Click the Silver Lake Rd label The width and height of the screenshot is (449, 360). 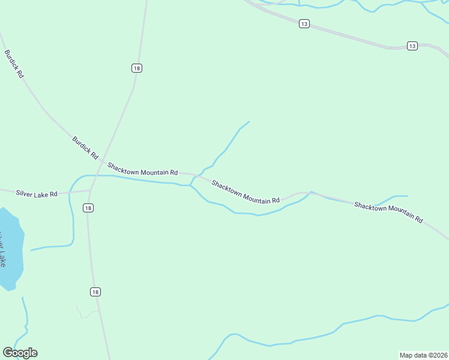tap(37, 194)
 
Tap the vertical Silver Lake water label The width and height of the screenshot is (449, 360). tap(3, 249)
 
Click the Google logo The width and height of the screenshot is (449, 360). tap(20, 353)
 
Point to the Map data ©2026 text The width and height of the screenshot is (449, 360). tap(423, 355)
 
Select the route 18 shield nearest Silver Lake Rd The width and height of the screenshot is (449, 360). tap(89, 208)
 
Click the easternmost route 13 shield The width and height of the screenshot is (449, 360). tap(412, 46)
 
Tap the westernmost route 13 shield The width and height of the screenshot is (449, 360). tap(304, 23)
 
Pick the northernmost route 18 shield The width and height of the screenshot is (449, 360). tap(137, 68)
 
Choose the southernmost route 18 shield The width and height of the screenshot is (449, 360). tap(95, 292)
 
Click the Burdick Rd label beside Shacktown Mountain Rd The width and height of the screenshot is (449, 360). tap(85, 148)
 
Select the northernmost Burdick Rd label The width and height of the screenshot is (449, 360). tap(14, 64)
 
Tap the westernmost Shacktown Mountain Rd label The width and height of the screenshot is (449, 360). tap(143, 168)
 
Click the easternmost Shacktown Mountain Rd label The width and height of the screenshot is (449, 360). tap(388, 212)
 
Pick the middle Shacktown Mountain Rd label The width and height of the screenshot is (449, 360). tap(246, 192)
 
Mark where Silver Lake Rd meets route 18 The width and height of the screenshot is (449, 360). tap(90, 190)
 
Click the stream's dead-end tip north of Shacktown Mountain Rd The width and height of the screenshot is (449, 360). tap(249, 122)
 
